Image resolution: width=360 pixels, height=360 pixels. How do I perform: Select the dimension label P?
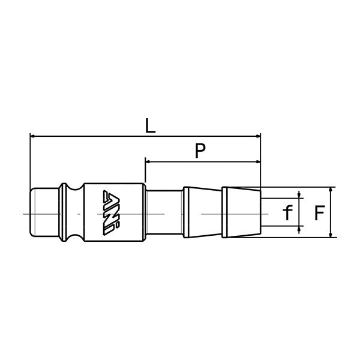(202, 151)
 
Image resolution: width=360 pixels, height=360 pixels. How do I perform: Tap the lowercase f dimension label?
(287, 212)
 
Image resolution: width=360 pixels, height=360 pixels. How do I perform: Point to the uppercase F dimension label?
(320, 212)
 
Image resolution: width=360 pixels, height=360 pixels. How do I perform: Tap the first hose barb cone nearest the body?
(202, 213)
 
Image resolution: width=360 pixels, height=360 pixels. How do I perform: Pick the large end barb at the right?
(241, 213)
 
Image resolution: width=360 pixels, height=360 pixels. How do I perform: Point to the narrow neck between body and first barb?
(163, 213)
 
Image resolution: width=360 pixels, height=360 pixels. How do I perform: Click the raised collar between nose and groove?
(64, 213)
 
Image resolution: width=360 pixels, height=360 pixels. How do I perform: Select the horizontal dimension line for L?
(90, 136)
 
